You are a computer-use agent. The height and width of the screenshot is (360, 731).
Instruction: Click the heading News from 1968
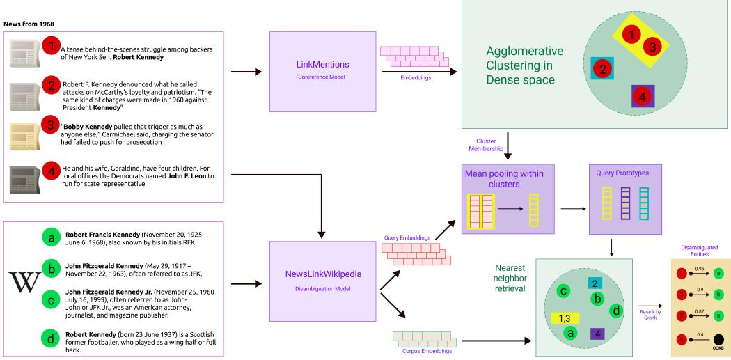tap(31, 24)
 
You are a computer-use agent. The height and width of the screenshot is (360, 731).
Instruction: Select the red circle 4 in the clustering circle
tap(643, 95)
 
